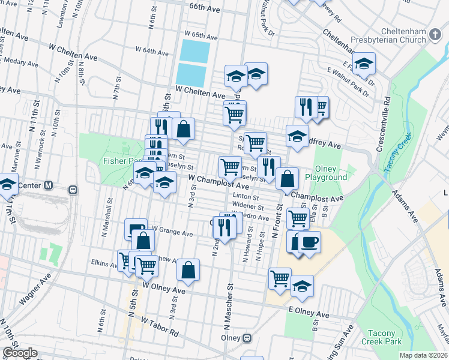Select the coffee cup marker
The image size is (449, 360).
click(x=309, y=242)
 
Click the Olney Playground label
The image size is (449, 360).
click(x=326, y=173)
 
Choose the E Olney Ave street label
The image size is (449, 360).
click(x=309, y=313)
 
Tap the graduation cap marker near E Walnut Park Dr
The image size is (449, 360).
click(x=364, y=64)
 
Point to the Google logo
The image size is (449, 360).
click(x=20, y=353)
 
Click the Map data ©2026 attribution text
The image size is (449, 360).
click(x=423, y=355)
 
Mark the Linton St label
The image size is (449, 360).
click(x=246, y=197)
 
